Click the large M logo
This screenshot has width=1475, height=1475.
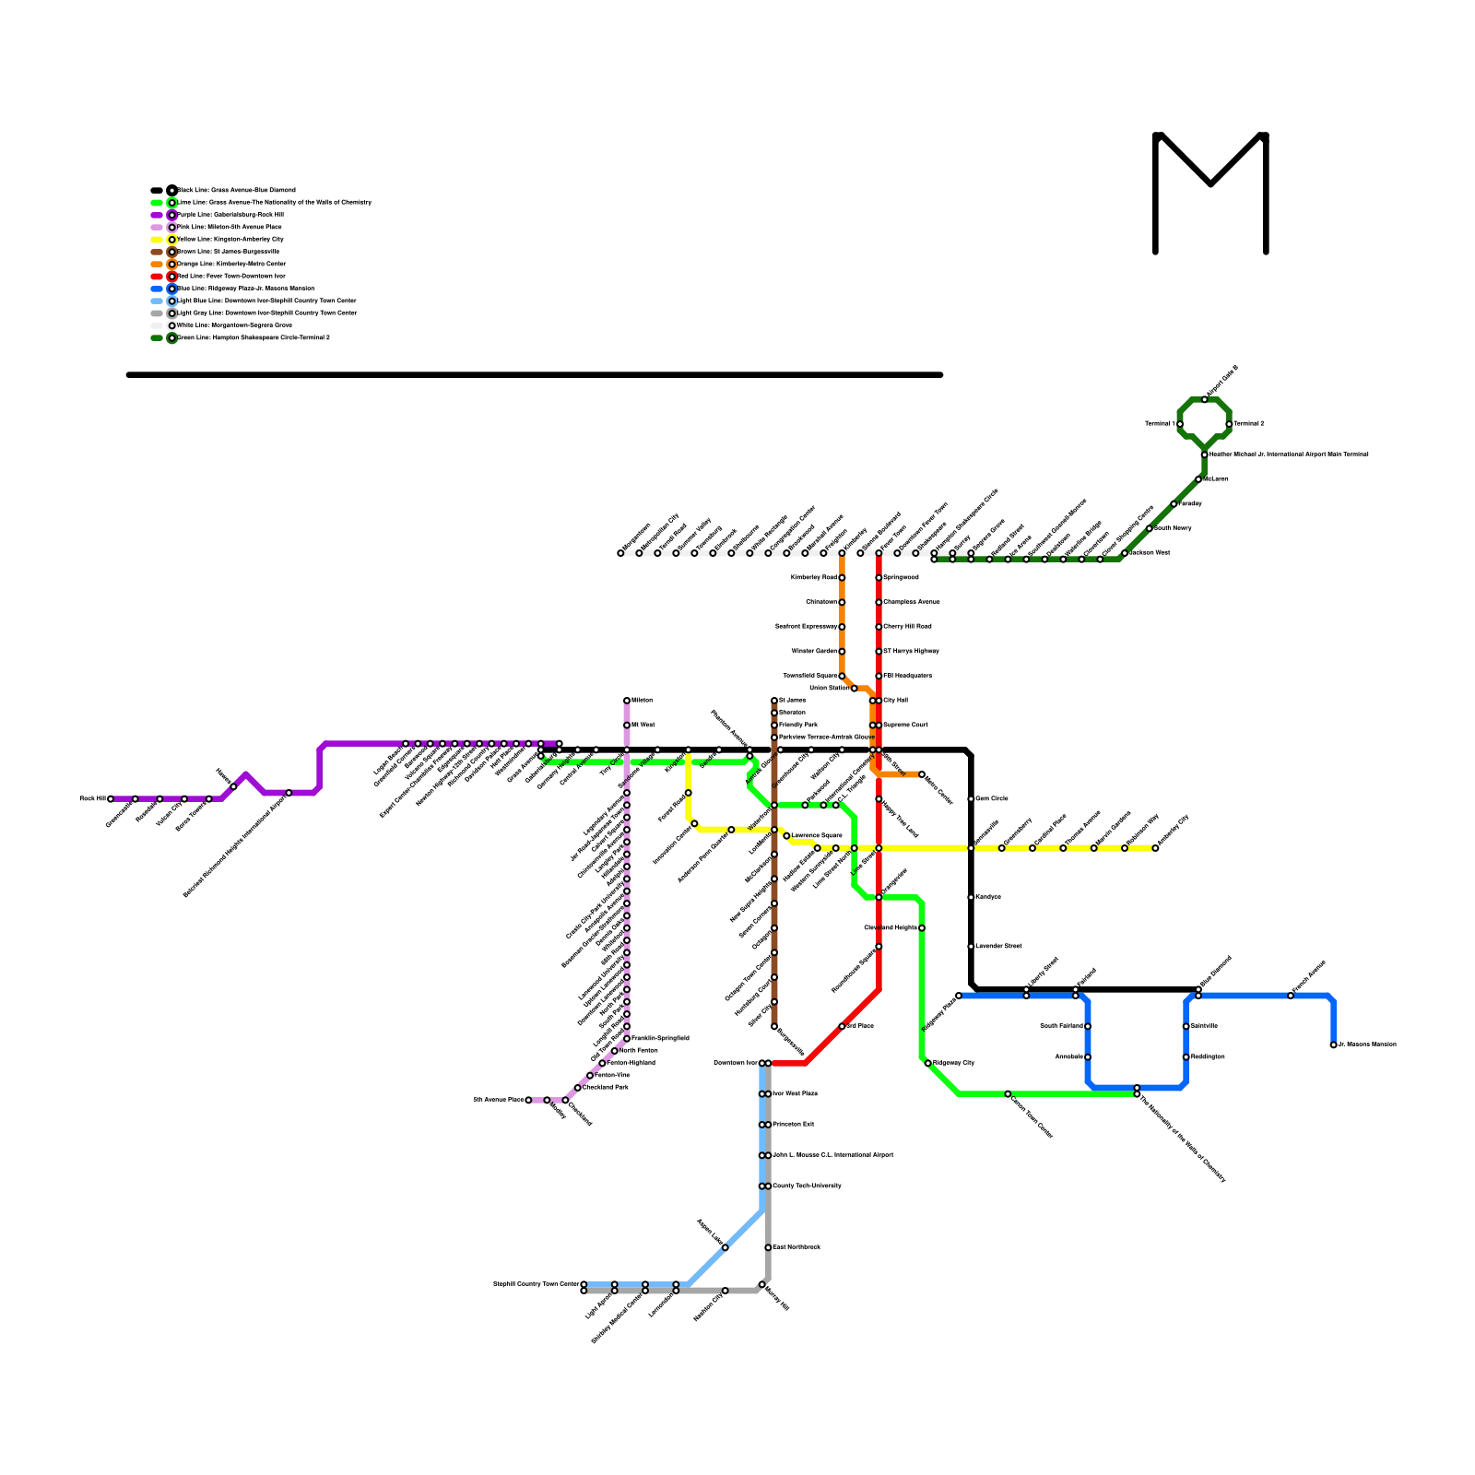(x=1210, y=192)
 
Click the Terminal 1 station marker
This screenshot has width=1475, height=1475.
(x=1180, y=424)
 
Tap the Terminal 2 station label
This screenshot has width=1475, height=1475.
(x=1249, y=424)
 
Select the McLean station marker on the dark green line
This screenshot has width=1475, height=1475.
(x=1198, y=479)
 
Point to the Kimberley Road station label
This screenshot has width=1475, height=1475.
(x=814, y=578)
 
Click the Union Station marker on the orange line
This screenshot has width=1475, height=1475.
(x=854, y=689)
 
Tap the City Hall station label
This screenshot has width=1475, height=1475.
(x=896, y=701)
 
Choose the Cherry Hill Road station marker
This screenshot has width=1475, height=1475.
(x=879, y=627)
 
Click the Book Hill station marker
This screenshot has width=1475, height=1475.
(x=111, y=799)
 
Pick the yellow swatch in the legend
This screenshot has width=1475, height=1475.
(x=157, y=240)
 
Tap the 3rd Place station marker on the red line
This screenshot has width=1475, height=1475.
(x=842, y=1026)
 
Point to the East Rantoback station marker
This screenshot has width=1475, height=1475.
(x=768, y=1247)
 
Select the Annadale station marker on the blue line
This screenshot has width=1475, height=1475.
(x=1088, y=1057)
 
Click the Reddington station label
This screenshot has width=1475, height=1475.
(x=1208, y=1057)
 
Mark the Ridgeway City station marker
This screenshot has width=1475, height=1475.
(x=927, y=1063)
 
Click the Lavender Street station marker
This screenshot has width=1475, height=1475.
(x=971, y=947)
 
